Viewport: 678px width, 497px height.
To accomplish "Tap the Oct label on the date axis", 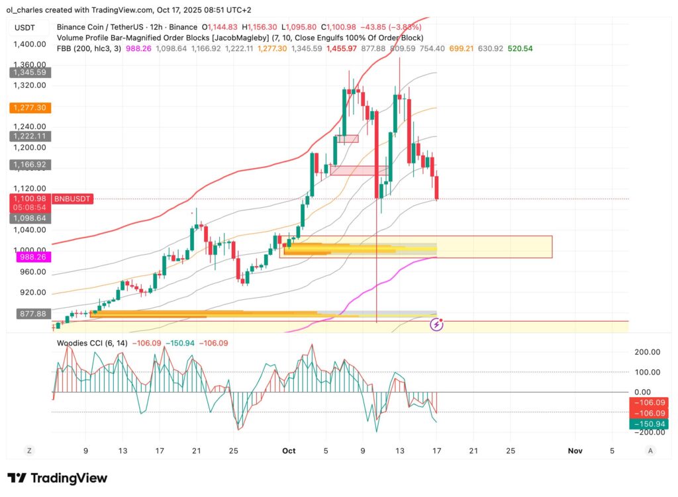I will coord(288,451).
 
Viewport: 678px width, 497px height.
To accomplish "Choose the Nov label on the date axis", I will coord(575,451).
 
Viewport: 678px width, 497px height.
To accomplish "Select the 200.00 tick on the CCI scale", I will coord(647,353).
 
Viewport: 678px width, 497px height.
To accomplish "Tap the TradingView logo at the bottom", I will coord(57,478).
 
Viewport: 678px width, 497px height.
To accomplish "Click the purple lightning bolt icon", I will coord(437,324).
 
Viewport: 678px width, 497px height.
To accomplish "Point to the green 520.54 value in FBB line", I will coord(520,48).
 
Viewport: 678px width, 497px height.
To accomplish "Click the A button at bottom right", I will coord(650,451).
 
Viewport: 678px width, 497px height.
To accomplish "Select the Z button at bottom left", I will coord(29,451).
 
